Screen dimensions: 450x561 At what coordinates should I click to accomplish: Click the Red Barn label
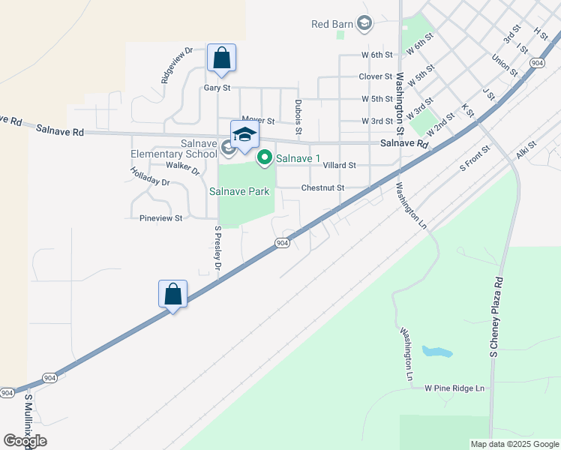pyautogui.click(x=331, y=24)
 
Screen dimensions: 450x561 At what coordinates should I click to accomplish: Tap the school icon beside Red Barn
pyautogui.click(x=364, y=24)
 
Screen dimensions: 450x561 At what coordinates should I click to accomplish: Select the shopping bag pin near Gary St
pyautogui.click(x=221, y=58)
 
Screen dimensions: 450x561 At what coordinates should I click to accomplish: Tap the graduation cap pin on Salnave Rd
pyautogui.click(x=244, y=134)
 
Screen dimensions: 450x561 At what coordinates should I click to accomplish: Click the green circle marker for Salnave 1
pyautogui.click(x=264, y=157)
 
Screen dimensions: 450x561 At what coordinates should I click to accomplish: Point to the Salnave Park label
pyautogui.click(x=238, y=191)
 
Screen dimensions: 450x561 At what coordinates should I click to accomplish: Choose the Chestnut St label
pyautogui.click(x=322, y=187)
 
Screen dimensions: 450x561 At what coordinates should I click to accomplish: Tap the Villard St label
pyautogui.click(x=339, y=165)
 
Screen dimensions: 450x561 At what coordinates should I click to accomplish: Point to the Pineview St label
pyautogui.click(x=161, y=218)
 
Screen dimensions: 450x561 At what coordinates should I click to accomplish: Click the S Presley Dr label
pyautogui.click(x=217, y=248)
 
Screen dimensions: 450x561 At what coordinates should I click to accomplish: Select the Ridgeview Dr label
pyautogui.click(x=177, y=65)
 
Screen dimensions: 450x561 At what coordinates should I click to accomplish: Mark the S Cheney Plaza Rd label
pyautogui.click(x=495, y=317)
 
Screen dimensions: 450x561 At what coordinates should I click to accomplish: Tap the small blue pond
pyautogui.click(x=436, y=351)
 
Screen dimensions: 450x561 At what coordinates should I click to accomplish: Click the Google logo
pyautogui.click(x=25, y=441)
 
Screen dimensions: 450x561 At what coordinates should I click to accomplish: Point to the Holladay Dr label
pyautogui.click(x=150, y=176)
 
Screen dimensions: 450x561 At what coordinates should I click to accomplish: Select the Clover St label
pyautogui.click(x=376, y=76)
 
